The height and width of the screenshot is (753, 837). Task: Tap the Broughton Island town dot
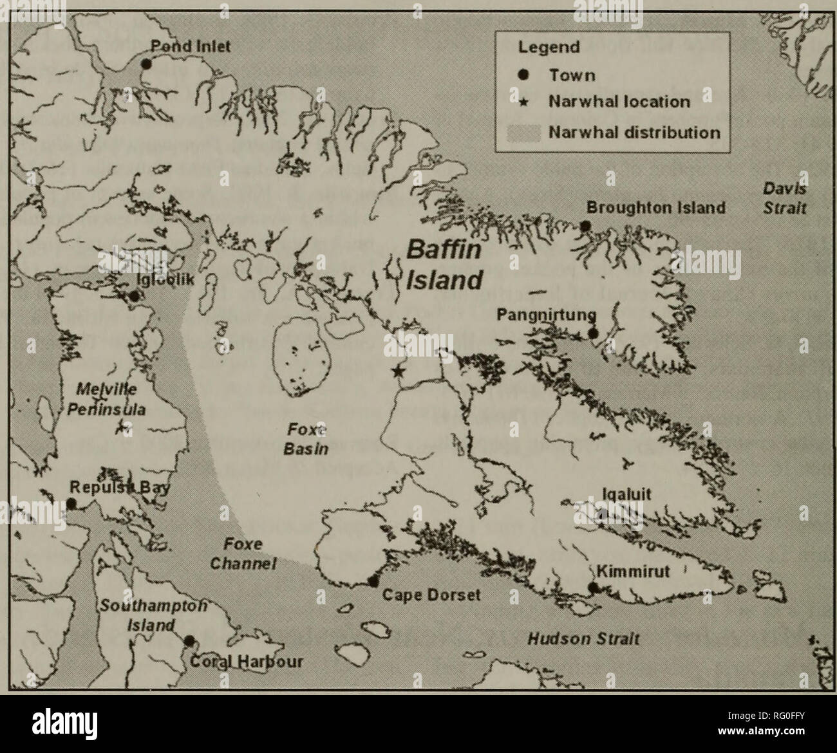pyautogui.click(x=585, y=226)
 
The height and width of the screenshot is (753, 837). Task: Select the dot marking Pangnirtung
pyautogui.click(x=593, y=333)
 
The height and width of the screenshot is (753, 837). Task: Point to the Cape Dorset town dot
pyautogui.click(x=373, y=581)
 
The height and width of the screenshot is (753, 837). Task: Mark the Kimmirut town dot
pyautogui.click(x=593, y=587)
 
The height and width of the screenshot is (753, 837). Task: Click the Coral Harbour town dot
pyautogui.click(x=189, y=641)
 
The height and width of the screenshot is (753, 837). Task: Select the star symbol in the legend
pyautogui.click(x=524, y=102)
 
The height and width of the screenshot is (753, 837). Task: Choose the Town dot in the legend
pyautogui.click(x=524, y=75)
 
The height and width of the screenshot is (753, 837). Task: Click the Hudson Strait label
pyautogui.click(x=583, y=638)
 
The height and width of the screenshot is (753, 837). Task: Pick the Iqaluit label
pyautogui.click(x=626, y=494)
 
